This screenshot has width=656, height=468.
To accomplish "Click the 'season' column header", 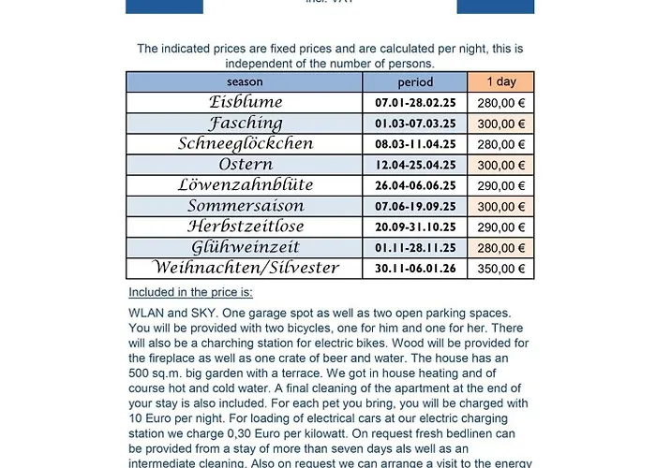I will point(245,82).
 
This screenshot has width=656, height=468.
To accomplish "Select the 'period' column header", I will point(415,82).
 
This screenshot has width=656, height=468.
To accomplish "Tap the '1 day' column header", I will point(500,82).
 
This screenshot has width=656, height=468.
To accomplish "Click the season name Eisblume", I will point(246,102).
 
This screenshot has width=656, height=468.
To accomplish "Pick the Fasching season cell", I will point(246,123).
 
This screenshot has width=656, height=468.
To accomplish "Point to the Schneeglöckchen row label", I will point(246,143).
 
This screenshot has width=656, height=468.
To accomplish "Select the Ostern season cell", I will point(246,165).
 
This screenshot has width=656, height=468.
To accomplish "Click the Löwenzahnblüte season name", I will point(246,185).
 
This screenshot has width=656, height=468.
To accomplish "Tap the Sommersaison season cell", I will point(246,206).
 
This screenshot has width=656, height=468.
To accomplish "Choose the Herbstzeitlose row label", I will point(246,227).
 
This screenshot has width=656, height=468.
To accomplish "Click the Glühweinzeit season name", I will point(246,247).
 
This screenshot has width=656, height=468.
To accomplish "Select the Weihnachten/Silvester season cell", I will point(246,269).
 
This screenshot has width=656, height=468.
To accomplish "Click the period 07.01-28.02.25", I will point(415,103).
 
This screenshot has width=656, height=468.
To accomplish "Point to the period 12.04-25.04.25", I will point(415,165).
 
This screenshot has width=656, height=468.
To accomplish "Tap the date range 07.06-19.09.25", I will point(415,206).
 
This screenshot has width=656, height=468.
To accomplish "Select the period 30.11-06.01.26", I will point(415,269).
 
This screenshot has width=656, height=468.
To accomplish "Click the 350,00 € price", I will point(500,269).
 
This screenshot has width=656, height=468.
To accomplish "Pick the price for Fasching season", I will point(500,124).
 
